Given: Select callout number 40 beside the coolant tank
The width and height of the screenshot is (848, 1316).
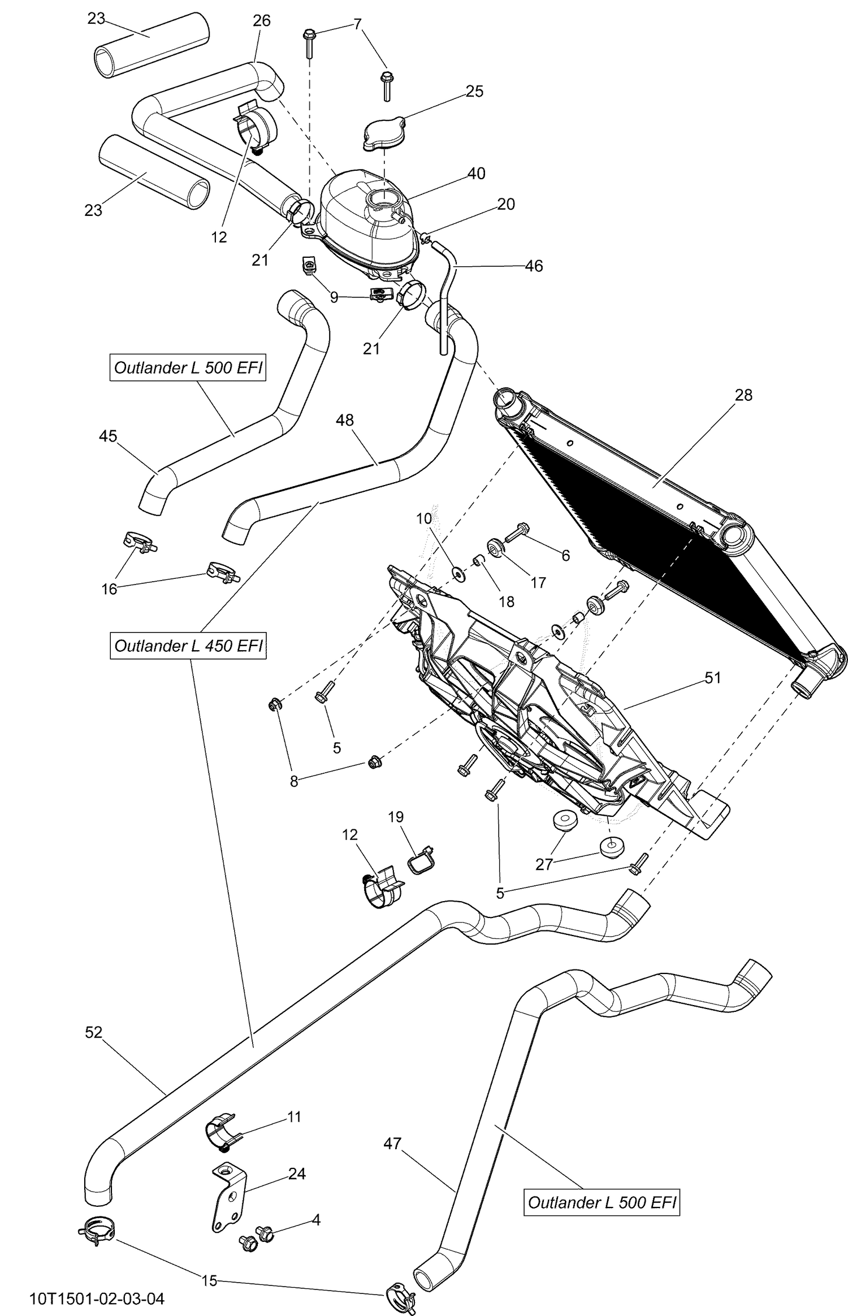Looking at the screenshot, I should [476, 174].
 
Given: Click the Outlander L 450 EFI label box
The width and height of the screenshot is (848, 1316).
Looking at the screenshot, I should [188, 646].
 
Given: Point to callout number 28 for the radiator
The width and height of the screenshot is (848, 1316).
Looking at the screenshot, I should [743, 395].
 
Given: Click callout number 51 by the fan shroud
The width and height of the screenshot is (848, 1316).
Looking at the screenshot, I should [713, 678].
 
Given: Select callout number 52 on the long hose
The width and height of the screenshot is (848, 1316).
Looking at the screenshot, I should [93, 1033].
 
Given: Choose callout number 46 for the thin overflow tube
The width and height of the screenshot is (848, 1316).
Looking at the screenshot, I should [534, 266].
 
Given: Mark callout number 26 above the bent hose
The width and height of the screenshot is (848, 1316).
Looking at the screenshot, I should [261, 21].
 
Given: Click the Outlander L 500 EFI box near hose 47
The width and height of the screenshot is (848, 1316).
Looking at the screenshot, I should [602, 1202].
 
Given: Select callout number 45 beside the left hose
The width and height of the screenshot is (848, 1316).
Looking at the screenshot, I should [107, 436].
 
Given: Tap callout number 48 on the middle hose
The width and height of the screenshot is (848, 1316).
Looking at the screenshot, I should [344, 420].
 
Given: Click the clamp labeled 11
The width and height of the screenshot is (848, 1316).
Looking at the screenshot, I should [219, 1130].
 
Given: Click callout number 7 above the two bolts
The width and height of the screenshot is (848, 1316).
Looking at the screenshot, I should [357, 24].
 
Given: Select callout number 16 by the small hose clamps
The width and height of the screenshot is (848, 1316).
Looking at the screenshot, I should [109, 589].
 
